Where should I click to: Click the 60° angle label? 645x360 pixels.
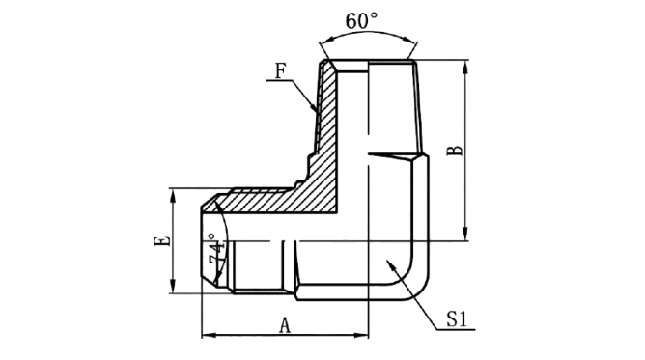click(361, 21)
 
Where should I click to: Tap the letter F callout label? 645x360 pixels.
click(280, 70)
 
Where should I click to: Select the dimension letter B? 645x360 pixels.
click(455, 151)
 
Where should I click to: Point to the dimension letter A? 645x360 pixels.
click(285, 325)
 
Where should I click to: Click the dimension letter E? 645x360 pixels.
click(161, 241)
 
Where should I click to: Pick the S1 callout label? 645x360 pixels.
click(457, 318)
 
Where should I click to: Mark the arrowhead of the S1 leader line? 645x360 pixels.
click(390, 264)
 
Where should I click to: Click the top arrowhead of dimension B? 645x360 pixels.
click(465, 67)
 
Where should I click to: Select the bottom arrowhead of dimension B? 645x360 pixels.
click(465, 234)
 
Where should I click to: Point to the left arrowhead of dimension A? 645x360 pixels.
click(209, 335)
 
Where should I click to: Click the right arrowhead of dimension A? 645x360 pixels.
click(361, 335)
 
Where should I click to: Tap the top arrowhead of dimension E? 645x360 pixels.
click(173, 196)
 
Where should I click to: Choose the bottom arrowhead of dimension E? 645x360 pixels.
click(173, 286)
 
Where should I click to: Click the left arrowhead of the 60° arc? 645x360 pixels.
click(326, 41)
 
